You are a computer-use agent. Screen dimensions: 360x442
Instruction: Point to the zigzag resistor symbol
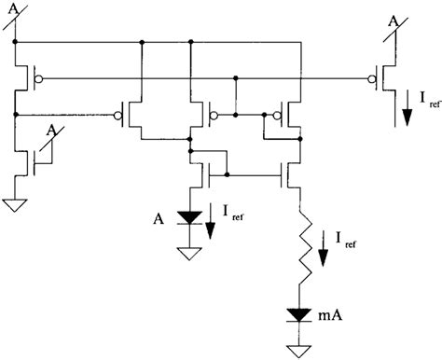click(x=300, y=251)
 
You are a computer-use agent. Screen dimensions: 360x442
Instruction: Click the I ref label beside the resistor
click(x=344, y=245)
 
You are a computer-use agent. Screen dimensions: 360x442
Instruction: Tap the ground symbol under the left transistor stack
click(x=16, y=205)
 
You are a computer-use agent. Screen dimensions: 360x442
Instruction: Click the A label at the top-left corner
click(x=14, y=8)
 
